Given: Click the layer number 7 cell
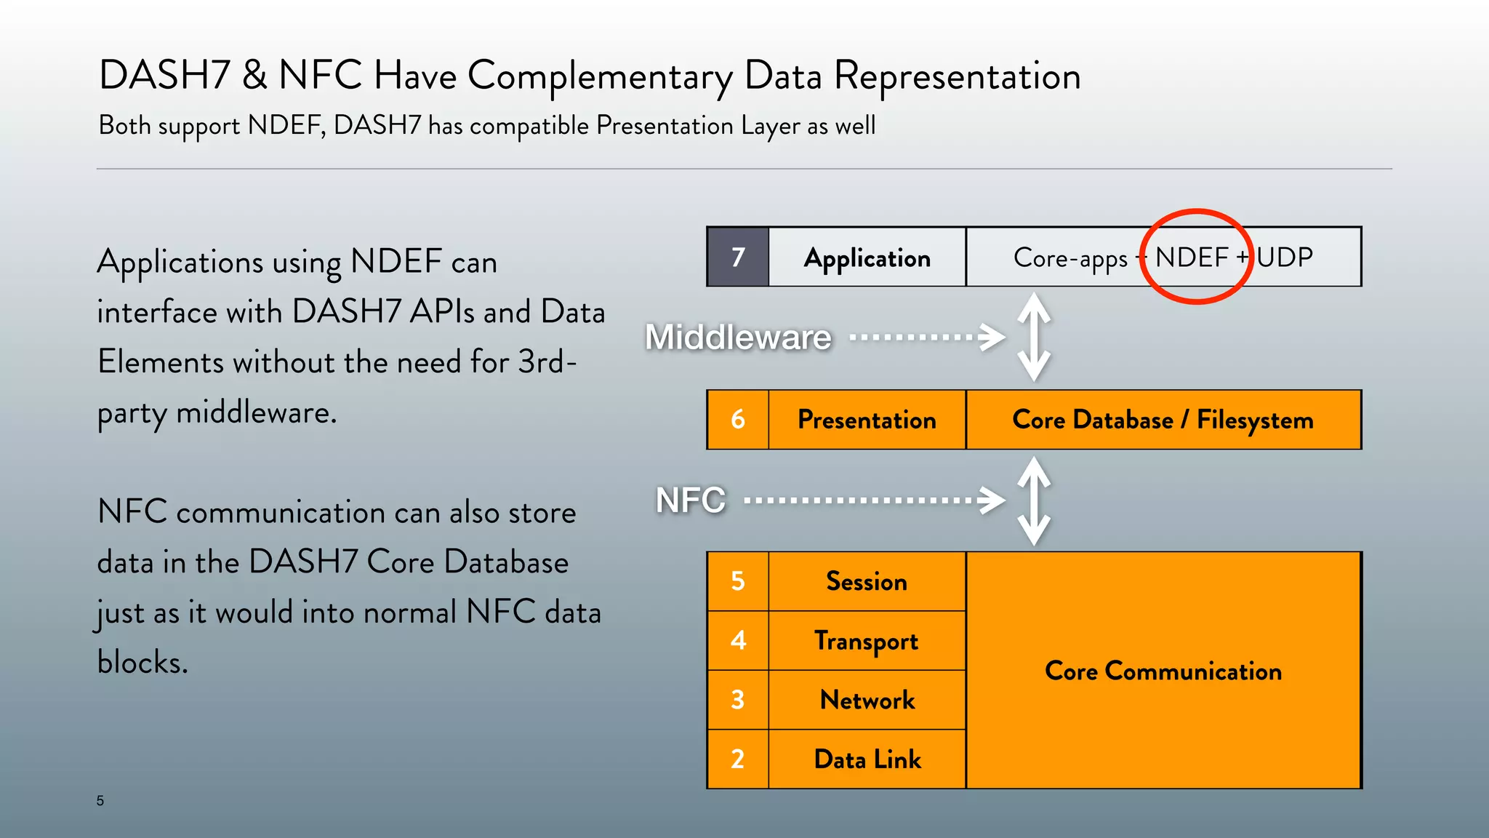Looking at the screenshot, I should coord(738,257).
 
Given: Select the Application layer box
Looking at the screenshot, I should coord(867,258).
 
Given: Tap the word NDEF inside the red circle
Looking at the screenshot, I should coord(1192,258).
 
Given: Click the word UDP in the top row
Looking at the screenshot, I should coord(1285,258).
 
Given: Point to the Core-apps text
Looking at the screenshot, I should coord(1070,258).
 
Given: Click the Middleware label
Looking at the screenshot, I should coord(738,337).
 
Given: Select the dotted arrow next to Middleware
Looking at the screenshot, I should coord(927,337).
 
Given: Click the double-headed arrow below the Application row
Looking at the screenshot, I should coord(1034,337).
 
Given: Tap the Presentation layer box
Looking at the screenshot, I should coord(867,420).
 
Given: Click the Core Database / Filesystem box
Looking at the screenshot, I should coord(1163,420).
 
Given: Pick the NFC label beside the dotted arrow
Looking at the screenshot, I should coord(691,500).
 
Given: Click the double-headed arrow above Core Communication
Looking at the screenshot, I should coord(1034,500).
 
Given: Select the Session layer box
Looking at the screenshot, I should coord(867,581).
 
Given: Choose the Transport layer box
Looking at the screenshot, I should coord(867,641).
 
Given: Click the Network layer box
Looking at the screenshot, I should coord(867,700).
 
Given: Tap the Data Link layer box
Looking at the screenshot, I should coord(867,759).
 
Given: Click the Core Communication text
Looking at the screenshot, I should coord(1163,671).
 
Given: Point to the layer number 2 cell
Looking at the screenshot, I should coord(738,759).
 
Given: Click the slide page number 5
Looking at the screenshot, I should coord(100,801).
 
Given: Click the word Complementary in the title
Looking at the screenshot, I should coord(600,76).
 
